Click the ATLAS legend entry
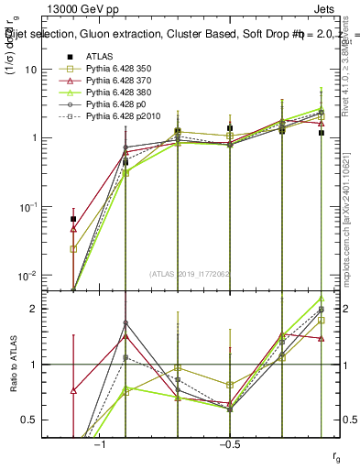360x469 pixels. (100, 55)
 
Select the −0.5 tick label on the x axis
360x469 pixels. (229, 443)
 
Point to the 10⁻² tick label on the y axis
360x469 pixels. (28, 275)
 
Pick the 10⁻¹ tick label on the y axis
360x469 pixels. (28, 206)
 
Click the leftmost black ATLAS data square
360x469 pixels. (73, 220)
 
